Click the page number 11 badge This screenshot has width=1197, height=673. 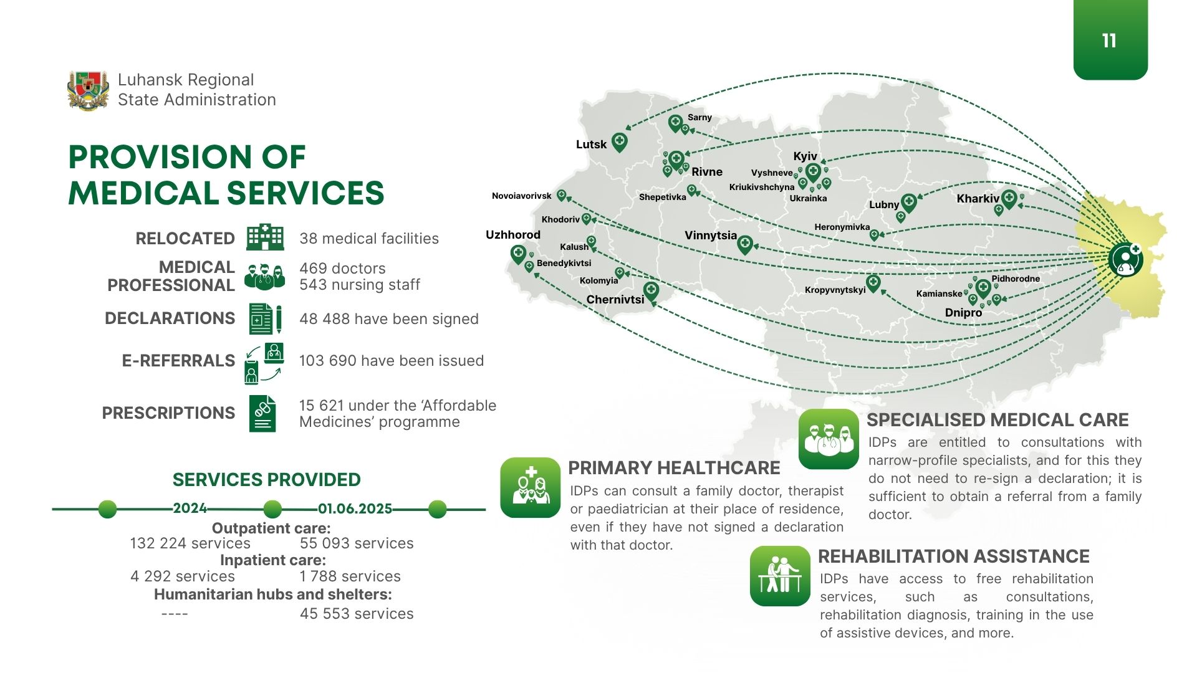click(1110, 40)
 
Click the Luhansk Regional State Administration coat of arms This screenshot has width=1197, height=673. click(88, 90)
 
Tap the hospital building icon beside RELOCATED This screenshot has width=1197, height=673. click(265, 237)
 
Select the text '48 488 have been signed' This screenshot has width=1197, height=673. click(389, 319)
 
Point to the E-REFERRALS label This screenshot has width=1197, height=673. click(178, 361)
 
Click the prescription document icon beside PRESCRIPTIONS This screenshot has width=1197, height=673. click(262, 413)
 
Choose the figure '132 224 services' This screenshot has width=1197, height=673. click(190, 543)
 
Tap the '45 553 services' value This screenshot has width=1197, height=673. click(357, 614)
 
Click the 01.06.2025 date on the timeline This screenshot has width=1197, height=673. click(355, 508)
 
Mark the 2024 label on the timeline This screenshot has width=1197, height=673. click(190, 508)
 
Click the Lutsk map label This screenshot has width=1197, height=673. click(591, 145)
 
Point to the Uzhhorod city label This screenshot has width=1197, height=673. click(513, 235)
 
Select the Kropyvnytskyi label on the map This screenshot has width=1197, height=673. click(835, 290)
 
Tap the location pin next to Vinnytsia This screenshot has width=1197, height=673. click(745, 244)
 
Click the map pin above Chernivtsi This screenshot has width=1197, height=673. click(651, 291)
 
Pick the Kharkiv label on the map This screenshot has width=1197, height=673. click(978, 199)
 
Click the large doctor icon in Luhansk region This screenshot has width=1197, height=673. click(1126, 259)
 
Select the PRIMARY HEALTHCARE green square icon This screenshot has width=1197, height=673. click(531, 487)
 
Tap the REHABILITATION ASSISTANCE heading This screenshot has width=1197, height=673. click(954, 556)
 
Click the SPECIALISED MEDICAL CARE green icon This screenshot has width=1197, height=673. click(829, 439)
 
